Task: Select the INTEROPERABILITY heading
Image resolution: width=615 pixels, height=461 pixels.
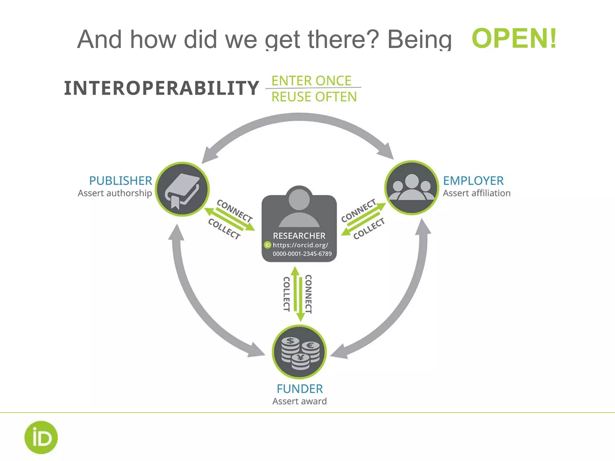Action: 162,88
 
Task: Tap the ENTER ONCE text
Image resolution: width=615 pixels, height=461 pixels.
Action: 311,81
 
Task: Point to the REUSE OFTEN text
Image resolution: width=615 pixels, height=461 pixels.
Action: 314,97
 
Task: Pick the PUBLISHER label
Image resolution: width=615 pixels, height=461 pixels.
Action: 121,181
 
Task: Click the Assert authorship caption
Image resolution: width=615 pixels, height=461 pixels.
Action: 115,193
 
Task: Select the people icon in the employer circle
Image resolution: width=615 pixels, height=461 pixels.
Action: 411,188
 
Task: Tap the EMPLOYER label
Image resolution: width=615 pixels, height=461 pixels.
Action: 473,181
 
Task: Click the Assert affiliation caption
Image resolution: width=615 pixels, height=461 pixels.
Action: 477,193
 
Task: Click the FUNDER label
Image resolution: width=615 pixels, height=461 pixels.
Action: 300,389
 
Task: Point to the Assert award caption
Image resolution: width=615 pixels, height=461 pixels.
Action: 299,401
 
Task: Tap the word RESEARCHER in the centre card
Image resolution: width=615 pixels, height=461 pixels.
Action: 299,236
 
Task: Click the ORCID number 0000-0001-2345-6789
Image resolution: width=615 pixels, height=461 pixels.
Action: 302,254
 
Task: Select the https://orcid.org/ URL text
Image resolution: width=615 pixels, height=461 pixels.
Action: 300,245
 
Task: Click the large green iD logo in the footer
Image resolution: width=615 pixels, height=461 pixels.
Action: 41,437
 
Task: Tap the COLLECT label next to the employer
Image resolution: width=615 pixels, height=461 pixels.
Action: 369,229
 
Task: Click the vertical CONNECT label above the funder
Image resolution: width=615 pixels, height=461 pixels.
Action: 308,294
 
